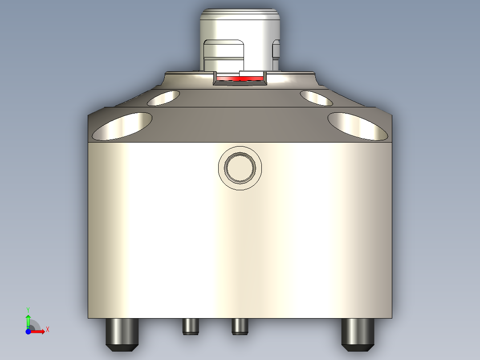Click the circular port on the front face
click(x=240, y=168)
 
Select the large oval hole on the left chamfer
click(x=122, y=126)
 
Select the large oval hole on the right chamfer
click(x=358, y=126)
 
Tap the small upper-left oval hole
click(x=163, y=98)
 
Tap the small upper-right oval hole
click(x=316, y=98)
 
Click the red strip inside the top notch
click(x=240, y=78)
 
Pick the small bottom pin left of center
click(x=190, y=326)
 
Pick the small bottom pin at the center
click(x=240, y=326)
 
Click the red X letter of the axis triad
click(x=47, y=329)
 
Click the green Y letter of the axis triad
click(x=28, y=309)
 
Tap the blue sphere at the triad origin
click(x=28, y=331)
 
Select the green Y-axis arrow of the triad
click(x=28, y=320)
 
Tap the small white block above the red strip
click(x=252, y=73)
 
